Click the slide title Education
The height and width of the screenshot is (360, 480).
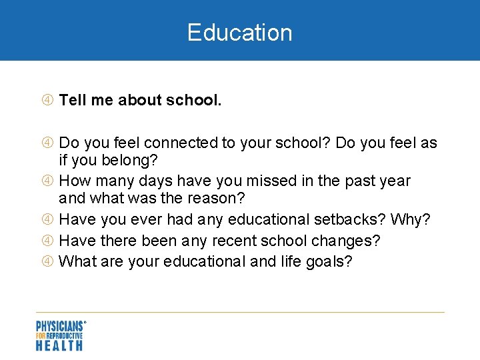(x=239, y=33)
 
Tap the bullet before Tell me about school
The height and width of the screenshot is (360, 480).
(x=49, y=101)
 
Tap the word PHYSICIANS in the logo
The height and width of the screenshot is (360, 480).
(x=59, y=327)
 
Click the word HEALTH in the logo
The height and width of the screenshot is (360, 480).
(x=59, y=345)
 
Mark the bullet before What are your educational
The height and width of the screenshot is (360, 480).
(x=49, y=261)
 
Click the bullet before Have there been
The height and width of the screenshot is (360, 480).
(x=49, y=241)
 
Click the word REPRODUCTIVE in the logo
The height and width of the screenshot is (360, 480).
(x=66, y=336)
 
